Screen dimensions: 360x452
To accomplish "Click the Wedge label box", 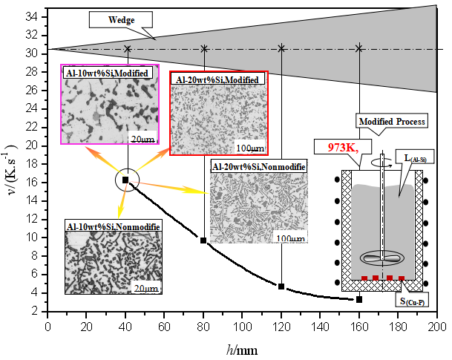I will pos(122,19).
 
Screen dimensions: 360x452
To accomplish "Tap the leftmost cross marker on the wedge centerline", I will pos(128,50).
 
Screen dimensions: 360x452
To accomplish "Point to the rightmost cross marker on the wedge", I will pos(359,49).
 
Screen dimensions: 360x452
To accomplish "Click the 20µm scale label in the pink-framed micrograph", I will pos(143,139).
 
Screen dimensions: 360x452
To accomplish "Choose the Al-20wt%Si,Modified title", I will pos(217,79).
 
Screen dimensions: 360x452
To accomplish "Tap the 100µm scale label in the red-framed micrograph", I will pos(249,148).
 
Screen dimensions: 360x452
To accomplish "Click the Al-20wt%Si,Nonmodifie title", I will pos(259,166).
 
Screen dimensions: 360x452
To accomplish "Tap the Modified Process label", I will pos(392,121).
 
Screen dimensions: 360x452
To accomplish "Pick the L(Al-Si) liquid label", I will pos(414,158).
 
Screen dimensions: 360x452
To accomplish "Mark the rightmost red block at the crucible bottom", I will pos(402,278).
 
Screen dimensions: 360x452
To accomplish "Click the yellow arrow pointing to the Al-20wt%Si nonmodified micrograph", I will pos(171,186).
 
